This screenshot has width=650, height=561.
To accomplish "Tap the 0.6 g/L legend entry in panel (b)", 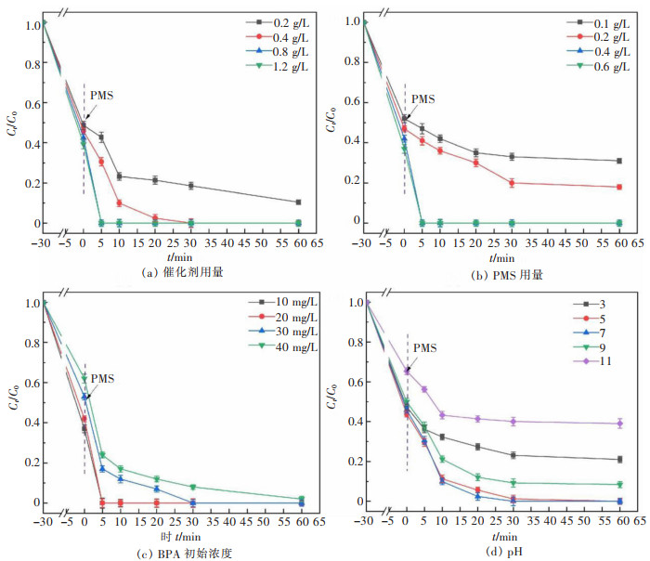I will click(x=591, y=65).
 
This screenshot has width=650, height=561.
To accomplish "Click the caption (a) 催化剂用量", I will click(x=167, y=273).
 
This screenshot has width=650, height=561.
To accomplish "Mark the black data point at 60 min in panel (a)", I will click(x=298, y=202).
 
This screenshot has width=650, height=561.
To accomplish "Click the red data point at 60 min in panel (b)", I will click(x=618, y=187).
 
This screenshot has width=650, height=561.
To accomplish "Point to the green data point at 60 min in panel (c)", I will click(x=298, y=499).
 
